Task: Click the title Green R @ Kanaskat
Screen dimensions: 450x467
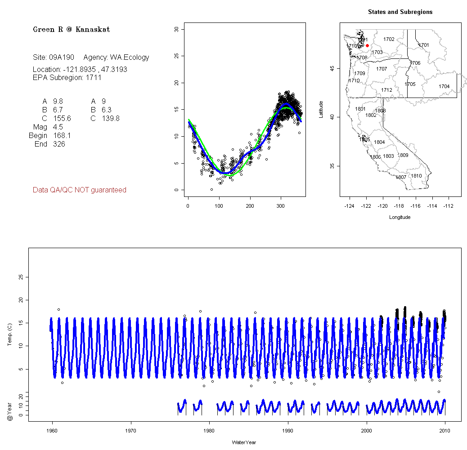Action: click(x=71, y=30)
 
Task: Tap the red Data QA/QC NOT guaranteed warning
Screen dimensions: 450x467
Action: click(x=80, y=190)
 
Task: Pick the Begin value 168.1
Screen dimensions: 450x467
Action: click(x=62, y=136)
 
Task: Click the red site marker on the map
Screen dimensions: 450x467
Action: click(x=368, y=45)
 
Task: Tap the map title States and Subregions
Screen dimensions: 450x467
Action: click(x=400, y=12)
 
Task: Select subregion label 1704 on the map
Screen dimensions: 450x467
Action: click(x=444, y=86)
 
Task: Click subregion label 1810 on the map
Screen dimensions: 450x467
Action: click(x=417, y=176)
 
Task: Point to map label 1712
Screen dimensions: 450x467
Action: click(x=386, y=90)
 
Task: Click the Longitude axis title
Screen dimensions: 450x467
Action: click(x=400, y=217)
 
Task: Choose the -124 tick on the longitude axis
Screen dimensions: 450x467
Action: click(x=349, y=206)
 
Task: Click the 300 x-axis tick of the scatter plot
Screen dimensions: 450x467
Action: click(x=281, y=206)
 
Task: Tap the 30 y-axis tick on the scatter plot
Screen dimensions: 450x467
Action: click(x=176, y=29)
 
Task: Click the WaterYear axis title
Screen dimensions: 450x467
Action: click(x=244, y=442)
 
